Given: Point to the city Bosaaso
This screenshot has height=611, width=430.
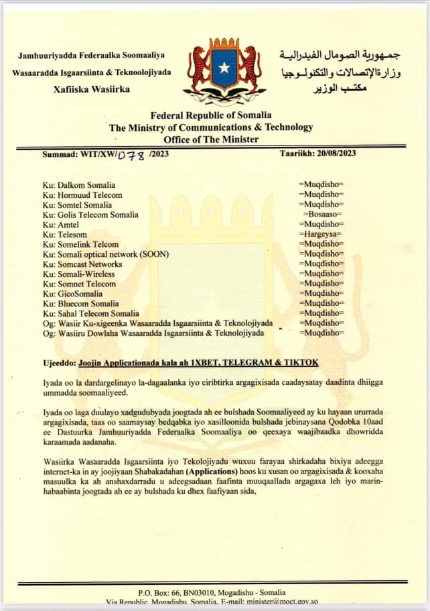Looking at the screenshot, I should pos(321,215).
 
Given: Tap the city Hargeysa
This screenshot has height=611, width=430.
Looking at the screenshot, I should pos(321,235).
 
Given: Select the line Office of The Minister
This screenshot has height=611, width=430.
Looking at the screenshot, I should pos(210,139).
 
